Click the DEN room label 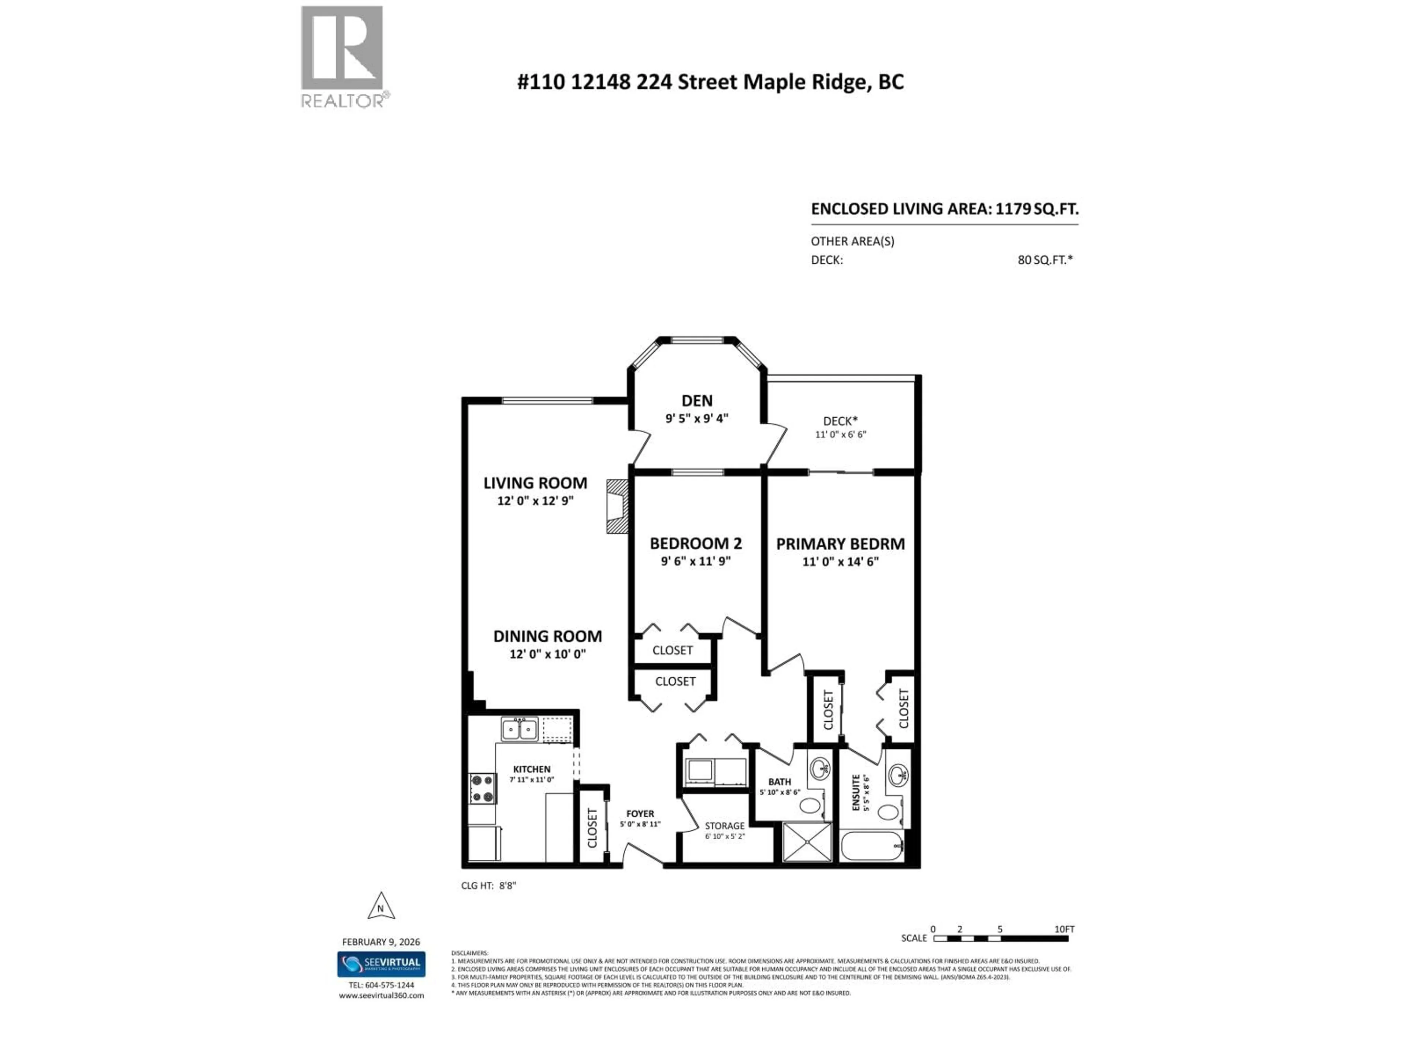point(697,401)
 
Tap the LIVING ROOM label point(535,483)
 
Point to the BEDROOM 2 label point(695,544)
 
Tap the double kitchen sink point(519,729)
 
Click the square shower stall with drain point(807,842)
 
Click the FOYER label point(640,813)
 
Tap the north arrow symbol point(381,907)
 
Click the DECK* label point(840,421)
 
